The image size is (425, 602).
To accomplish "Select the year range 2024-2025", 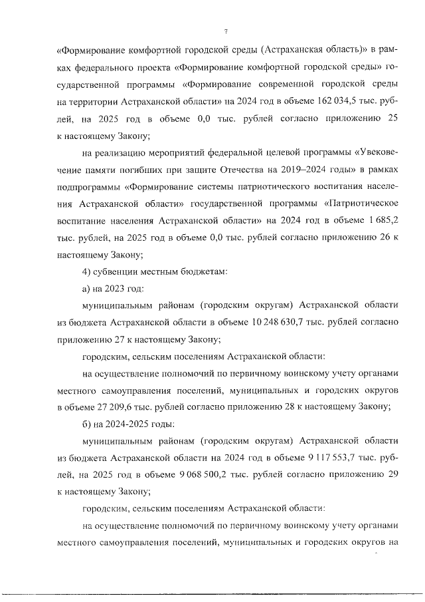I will (129, 424).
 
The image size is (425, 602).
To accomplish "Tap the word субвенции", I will (117, 271).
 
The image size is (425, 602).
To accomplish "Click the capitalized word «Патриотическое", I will (359, 204).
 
